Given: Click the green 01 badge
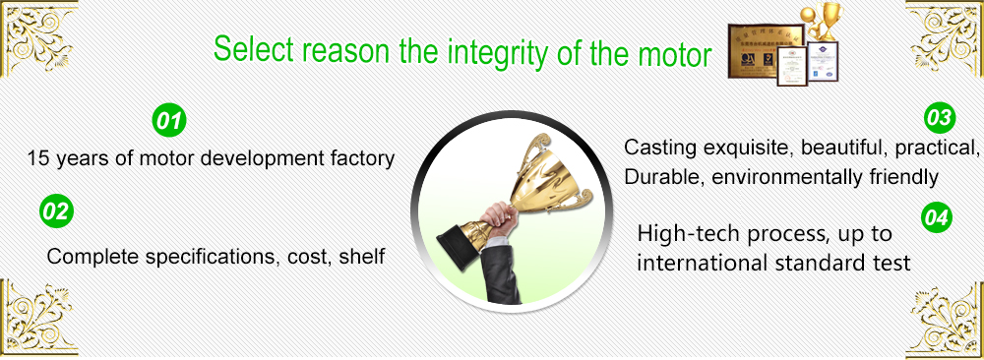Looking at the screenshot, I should tap(168, 122).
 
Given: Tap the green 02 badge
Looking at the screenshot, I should tap(57, 210).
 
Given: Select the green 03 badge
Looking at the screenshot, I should tap(940, 119).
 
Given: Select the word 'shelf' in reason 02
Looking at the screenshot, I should tap(361, 257).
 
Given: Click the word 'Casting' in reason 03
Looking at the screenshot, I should tap(659, 148).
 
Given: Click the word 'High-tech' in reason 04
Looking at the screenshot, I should tap(683, 235).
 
